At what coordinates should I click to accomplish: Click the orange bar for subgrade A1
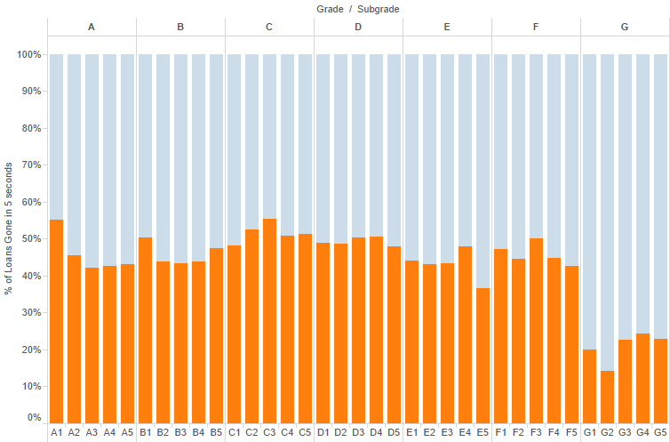tap(56, 321)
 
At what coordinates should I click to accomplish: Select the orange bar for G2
tap(607, 397)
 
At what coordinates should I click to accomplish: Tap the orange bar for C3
tap(269, 321)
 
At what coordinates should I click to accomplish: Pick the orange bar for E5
tap(483, 356)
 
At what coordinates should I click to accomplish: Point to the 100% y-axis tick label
tap(28, 54)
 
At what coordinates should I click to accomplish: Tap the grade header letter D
tap(358, 27)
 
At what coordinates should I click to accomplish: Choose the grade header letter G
tap(625, 27)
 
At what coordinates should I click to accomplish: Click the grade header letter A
tap(92, 27)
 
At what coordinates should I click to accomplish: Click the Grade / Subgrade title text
tap(357, 9)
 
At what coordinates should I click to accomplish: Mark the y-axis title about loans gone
tap(9, 229)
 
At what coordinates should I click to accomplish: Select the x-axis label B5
tap(216, 432)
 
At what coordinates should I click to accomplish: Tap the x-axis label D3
tap(358, 432)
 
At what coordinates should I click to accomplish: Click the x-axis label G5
tap(660, 432)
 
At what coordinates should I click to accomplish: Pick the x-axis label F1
tap(500, 432)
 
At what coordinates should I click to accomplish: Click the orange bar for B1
tap(145, 330)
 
